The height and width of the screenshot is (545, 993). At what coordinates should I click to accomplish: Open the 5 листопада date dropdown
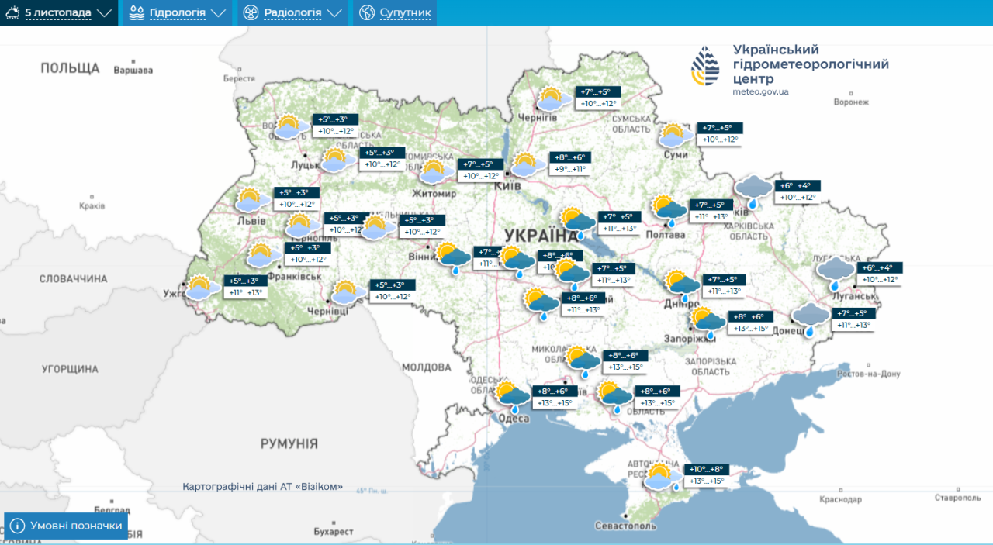pyautogui.click(x=59, y=13)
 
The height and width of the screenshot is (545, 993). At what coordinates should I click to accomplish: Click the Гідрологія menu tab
pyautogui.click(x=178, y=13)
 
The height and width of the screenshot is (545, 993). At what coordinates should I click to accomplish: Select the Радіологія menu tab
pyautogui.click(x=292, y=13)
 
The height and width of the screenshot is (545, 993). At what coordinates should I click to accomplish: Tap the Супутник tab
pyautogui.click(x=395, y=13)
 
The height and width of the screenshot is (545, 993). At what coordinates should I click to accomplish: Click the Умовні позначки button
pyautogui.click(x=66, y=526)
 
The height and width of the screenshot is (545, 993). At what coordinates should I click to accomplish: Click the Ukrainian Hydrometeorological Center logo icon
pyautogui.click(x=705, y=66)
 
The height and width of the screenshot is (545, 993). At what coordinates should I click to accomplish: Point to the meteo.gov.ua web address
pyautogui.click(x=760, y=91)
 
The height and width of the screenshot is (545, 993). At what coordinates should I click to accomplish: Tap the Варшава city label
pyautogui.click(x=133, y=71)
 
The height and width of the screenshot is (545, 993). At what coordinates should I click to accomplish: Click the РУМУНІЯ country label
pyautogui.click(x=289, y=443)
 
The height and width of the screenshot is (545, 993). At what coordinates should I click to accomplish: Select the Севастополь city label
pyautogui.click(x=625, y=526)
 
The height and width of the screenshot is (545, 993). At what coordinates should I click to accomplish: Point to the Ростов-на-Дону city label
pyautogui.click(x=869, y=374)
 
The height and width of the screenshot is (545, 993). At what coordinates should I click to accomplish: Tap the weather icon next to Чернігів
pyautogui.click(x=551, y=99)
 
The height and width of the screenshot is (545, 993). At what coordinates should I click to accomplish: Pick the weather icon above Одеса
pyautogui.click(x=512, y=396)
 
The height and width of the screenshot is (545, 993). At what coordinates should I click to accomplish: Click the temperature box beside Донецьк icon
pyautogui.click(x=853, y=319)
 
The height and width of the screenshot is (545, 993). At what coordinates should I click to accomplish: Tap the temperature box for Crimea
pyautogui.click(x=705, y=475)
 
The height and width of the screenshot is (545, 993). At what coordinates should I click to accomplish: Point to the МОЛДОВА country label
pyautogui.click(x=426, y=367)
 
